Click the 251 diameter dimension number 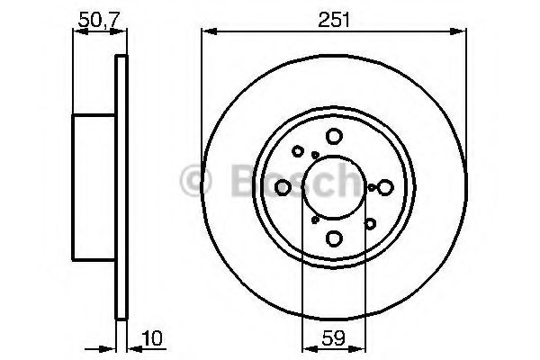(334, 15)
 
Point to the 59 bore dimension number (333, 340)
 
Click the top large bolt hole (334, 136)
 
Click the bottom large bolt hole (334, 238)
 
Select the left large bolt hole (283, 187)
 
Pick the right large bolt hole (385, 187)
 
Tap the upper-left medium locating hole (298, 152)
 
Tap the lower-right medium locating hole (369, 222)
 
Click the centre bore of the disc (334, 187)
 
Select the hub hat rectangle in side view (94, 187)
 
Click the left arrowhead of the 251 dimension (205, 31)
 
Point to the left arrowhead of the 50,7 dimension (76, 31)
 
